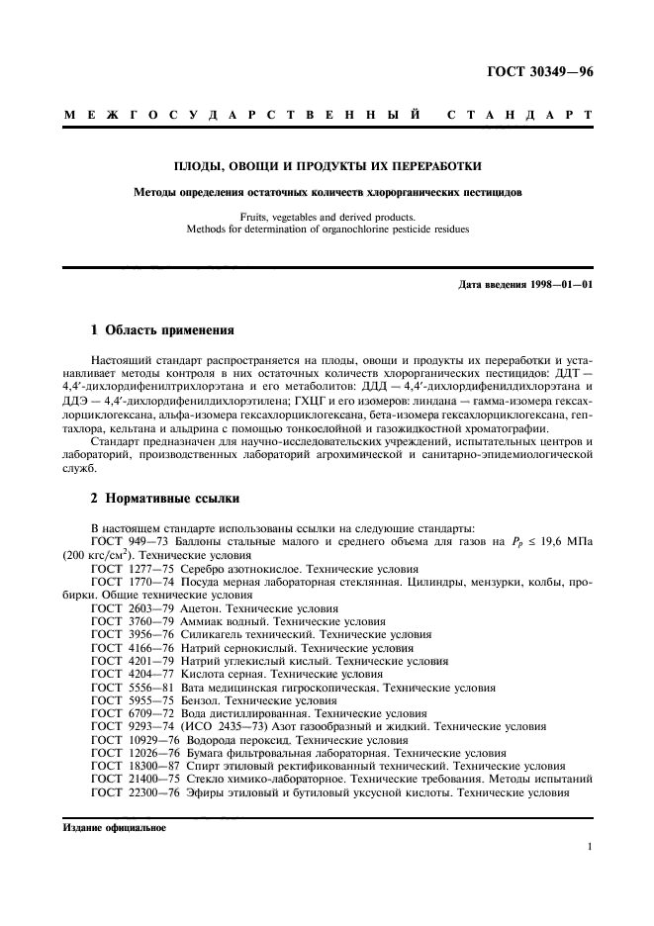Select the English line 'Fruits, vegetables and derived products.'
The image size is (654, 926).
327,216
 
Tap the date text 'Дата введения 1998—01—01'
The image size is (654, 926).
526,286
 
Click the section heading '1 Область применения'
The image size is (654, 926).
156,330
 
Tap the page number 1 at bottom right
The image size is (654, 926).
589,847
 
